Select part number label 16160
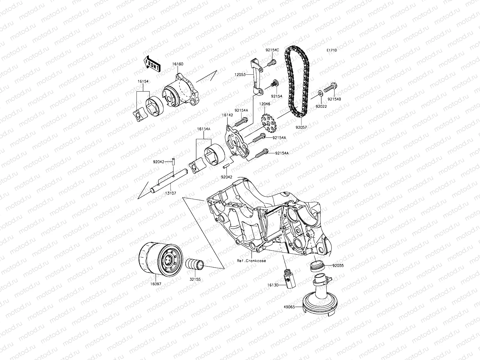pos(178,64)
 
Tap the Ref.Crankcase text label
pos(251,261)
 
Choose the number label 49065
pos(289,307)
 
